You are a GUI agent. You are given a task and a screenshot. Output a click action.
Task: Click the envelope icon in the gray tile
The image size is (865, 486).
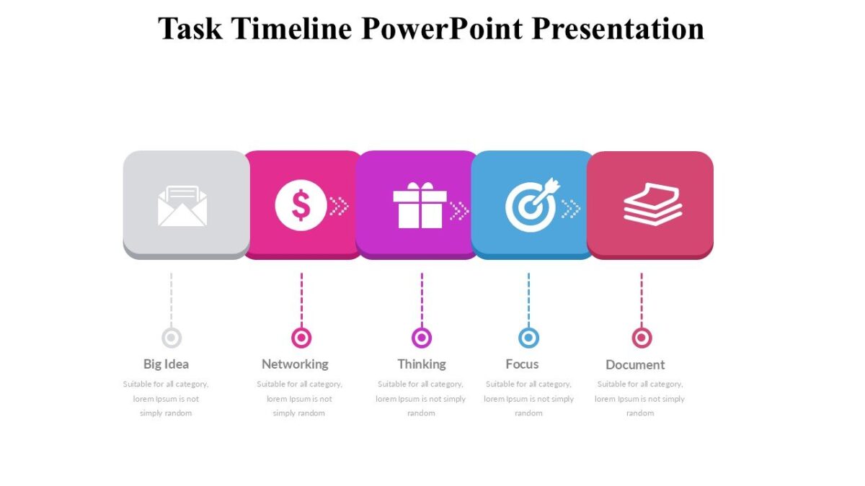coord(182,206)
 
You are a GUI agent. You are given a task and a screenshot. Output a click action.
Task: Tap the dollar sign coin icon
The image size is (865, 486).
coord(301,205)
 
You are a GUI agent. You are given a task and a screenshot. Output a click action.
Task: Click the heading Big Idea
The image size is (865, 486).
coord(166,364)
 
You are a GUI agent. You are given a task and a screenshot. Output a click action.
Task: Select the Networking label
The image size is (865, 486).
coord(295,364)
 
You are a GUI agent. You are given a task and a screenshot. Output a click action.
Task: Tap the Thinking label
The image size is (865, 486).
coord(422,364)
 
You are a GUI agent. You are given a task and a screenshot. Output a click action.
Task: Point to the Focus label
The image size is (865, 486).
coord(522,364)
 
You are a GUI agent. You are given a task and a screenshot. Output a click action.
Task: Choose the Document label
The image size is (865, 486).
coord(635,365)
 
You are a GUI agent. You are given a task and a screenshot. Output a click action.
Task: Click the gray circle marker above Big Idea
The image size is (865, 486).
coord(172,338)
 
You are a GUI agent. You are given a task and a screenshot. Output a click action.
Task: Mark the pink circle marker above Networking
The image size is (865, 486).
coord(301,338)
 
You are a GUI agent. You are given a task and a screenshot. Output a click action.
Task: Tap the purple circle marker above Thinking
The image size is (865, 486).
coord(422,338)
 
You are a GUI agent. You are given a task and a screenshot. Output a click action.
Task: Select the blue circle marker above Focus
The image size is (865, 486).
coord(528,338)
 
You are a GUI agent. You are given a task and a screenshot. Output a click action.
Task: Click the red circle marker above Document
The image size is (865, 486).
coord(642,338)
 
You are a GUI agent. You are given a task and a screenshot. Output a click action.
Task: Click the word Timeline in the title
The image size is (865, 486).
coord(294,29)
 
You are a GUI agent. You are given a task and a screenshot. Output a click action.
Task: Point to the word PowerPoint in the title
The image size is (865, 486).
coord(442,29)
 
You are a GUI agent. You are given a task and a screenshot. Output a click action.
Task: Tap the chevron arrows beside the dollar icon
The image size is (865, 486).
coord(339,207)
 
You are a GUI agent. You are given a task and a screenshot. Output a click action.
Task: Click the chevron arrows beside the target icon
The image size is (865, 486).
coord(571,209)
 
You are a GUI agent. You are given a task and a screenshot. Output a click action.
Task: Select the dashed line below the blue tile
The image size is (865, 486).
coord(528,300)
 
